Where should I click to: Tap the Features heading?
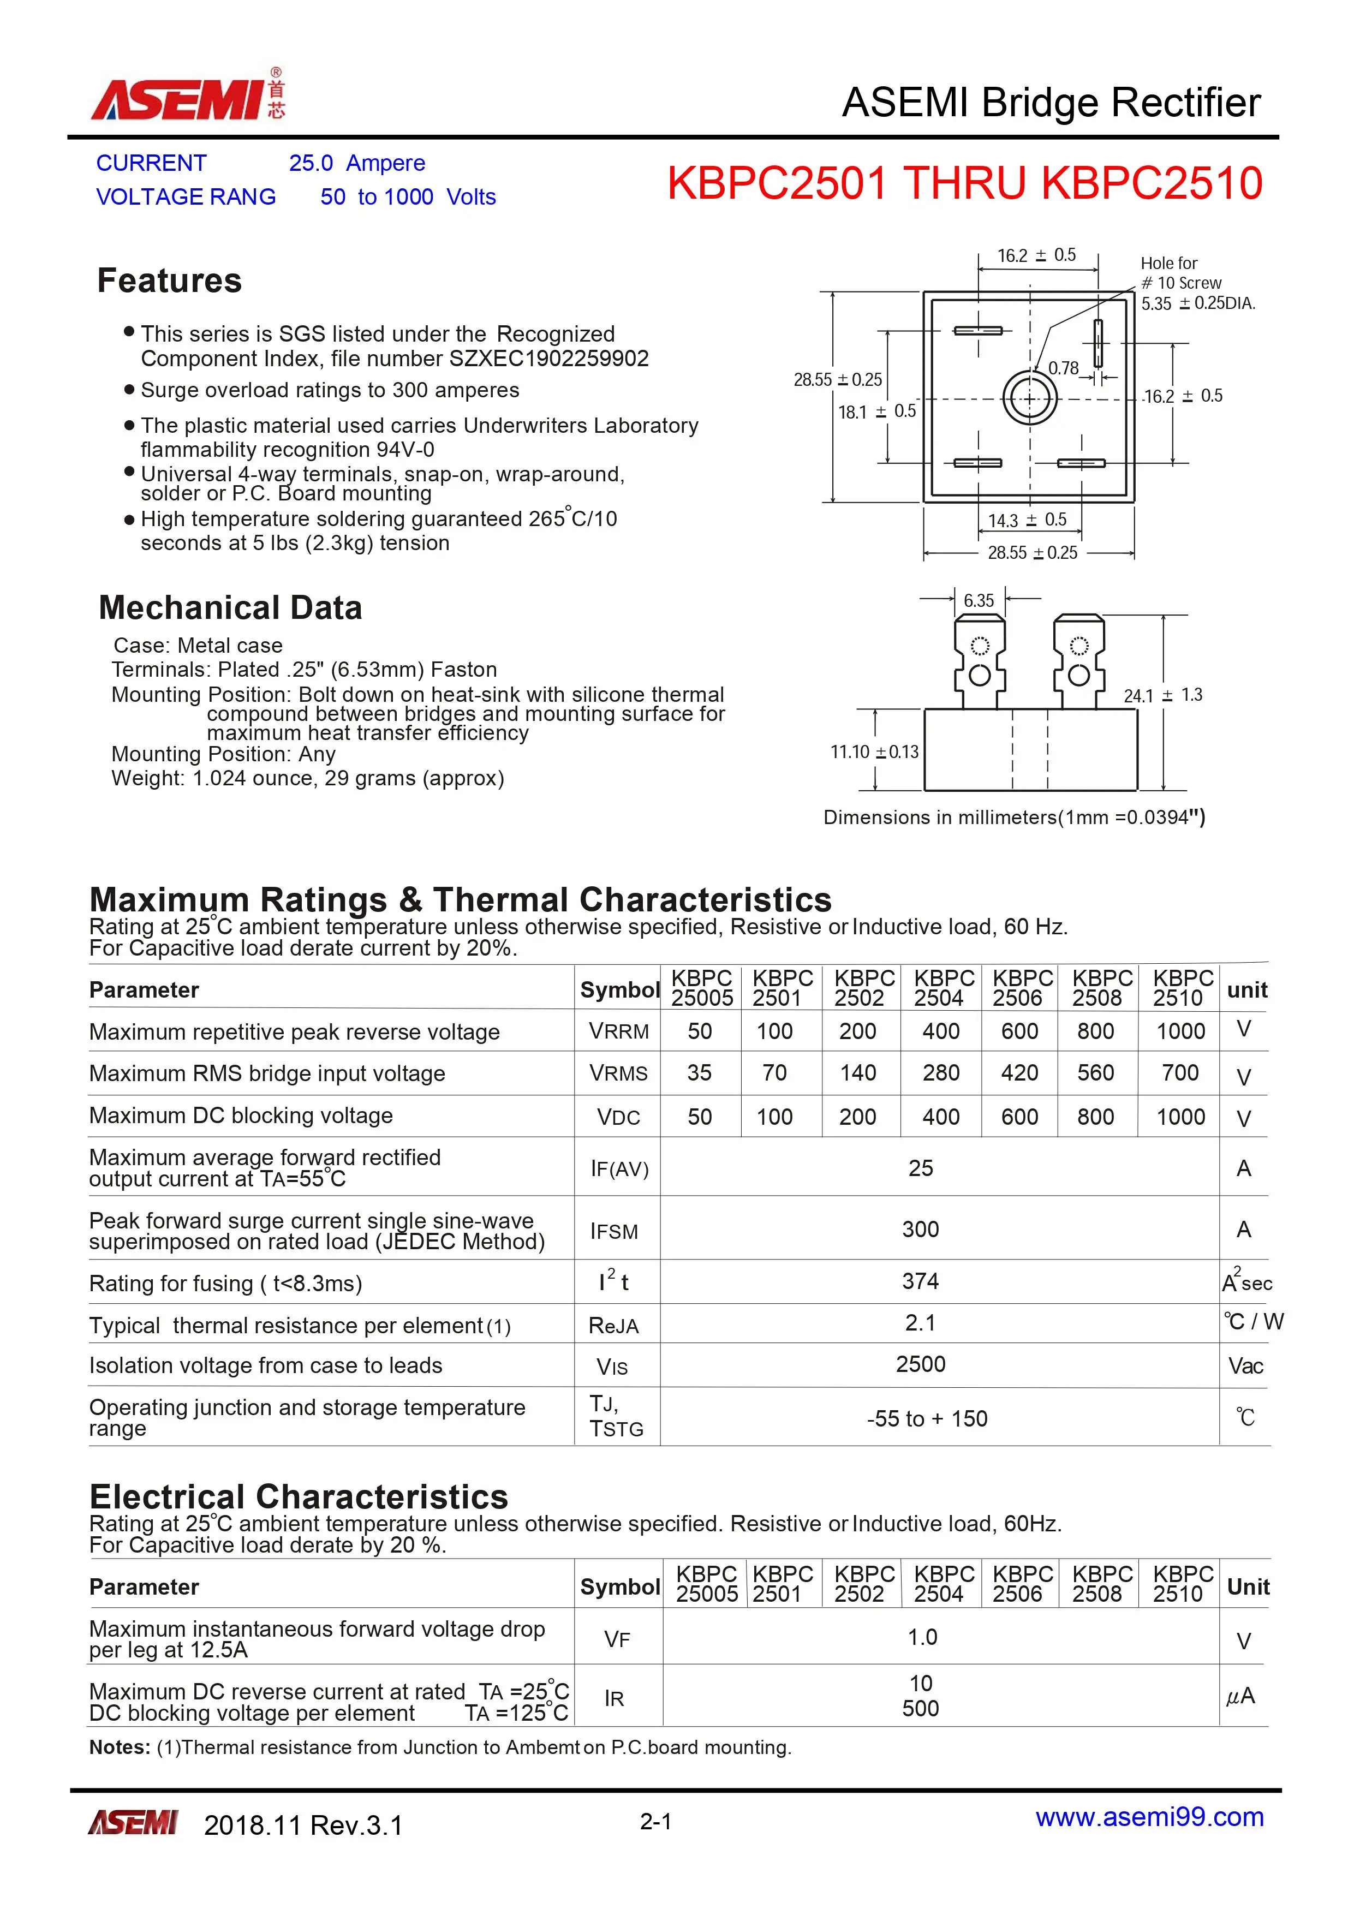[169, 281]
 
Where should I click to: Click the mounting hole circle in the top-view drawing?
[1029, 399]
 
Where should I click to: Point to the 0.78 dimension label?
[1063, 368]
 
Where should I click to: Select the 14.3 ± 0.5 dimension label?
[1027, 520]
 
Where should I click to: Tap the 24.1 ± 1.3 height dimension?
[1163, 695]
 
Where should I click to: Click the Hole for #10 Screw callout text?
[1180, 273]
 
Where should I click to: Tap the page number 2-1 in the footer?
[656, 1822]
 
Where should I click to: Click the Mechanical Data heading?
[230, 608]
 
